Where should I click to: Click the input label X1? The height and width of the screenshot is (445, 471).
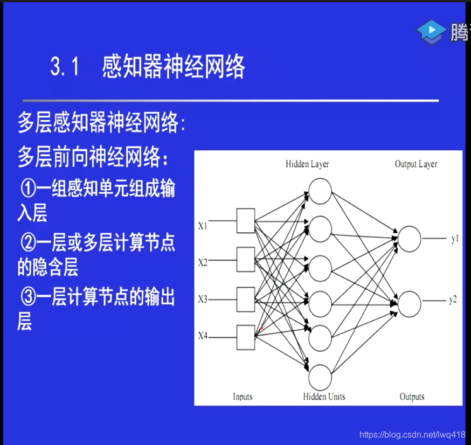203,226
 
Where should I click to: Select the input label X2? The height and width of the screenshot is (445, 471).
203,262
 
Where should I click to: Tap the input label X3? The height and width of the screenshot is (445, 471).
203,299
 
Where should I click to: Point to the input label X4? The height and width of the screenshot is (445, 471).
203,336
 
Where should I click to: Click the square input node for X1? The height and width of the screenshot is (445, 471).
246,221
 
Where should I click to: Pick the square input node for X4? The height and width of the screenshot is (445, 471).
246,337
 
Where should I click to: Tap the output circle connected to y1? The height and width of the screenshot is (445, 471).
409,239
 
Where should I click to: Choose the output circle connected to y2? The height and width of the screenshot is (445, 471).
409,304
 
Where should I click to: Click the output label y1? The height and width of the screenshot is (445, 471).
455,239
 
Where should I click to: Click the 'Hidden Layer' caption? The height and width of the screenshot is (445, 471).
307,164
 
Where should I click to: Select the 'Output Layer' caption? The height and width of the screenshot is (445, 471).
416,164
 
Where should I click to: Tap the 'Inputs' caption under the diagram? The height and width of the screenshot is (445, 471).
243,397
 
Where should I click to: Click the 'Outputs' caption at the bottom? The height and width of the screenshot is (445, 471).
412,397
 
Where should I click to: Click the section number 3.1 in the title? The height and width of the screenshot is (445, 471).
65,68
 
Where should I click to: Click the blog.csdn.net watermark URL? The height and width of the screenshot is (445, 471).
412,435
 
